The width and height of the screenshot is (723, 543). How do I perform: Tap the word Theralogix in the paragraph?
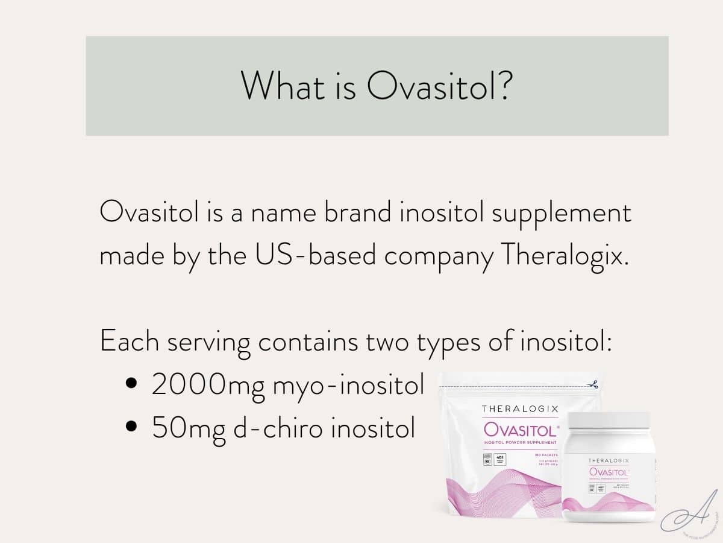(x=564, y=256)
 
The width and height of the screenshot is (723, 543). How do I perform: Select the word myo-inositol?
(x=349, y=385)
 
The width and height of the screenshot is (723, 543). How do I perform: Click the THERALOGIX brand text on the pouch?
(x=520, y=409)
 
